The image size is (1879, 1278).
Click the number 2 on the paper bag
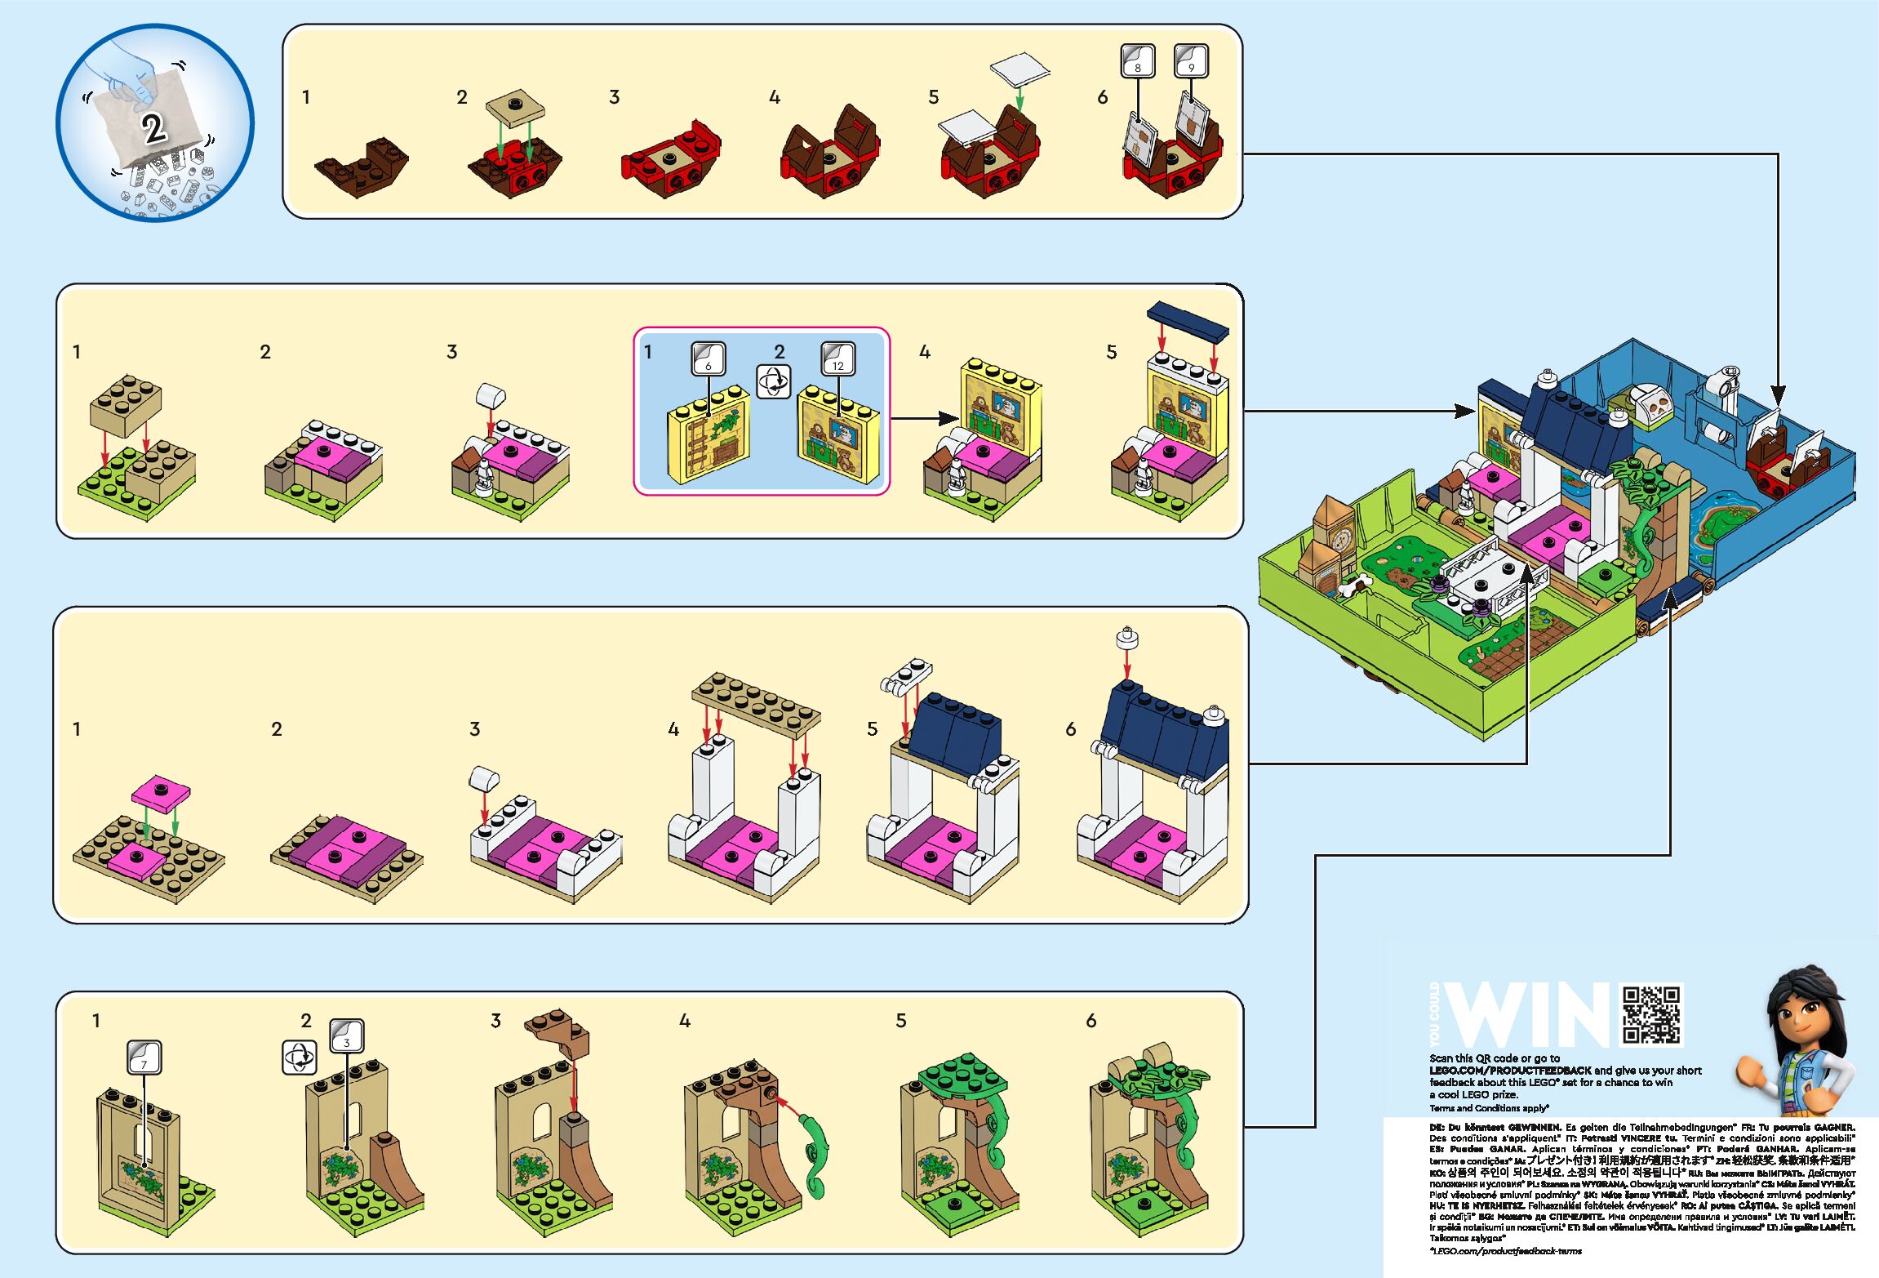153,128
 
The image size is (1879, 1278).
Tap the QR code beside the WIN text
1651,1015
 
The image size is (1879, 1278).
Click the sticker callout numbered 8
1138,61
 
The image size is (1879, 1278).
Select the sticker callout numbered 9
1191,61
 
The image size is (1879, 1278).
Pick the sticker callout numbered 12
838,358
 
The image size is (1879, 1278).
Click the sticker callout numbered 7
144,1058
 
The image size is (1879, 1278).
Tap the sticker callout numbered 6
708,358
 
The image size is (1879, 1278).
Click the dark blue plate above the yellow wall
1188,322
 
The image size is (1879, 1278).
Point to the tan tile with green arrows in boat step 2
514,107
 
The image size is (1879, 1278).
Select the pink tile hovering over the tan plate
161,791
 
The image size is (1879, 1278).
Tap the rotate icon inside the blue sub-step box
773,381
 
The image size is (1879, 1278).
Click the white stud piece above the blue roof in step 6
1126,638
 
